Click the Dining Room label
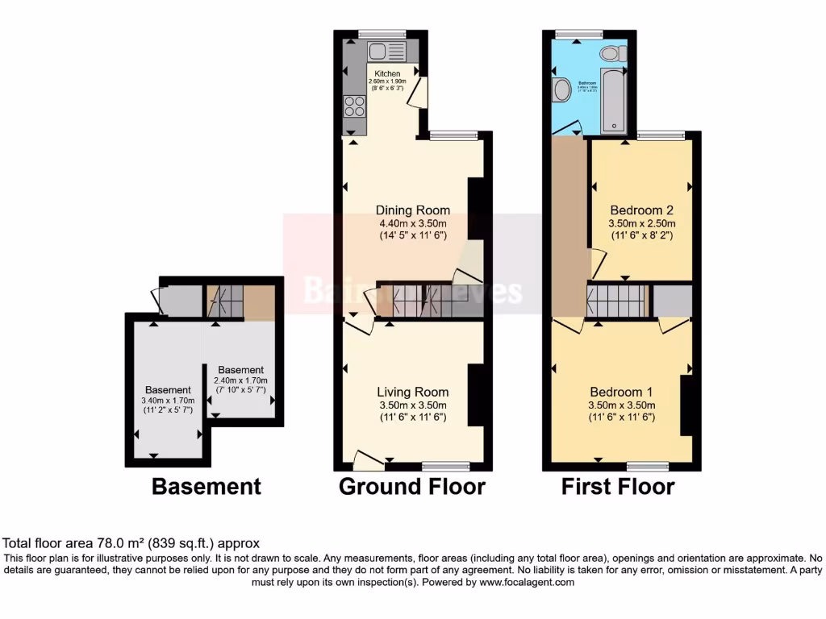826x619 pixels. tap(412, 210)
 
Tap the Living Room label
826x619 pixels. tap(412, 393)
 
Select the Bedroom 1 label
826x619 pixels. tap(620, 393)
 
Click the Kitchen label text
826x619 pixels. tap(386, 74)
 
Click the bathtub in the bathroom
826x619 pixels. tap(613, 101)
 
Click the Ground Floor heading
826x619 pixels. tap(411, 487)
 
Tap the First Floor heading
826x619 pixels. tap(618, 487)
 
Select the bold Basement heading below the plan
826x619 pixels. tap(206, 487)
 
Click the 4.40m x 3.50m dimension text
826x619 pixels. tap(412, 223)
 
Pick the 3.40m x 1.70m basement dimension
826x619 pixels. tap(169, 401)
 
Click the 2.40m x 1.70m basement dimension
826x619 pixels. tap(240, 380)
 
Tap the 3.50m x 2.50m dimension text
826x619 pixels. tap(641, 223)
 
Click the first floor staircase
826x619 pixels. tap(618, 301)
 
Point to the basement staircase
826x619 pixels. tap(225, 301)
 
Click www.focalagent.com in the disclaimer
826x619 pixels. tap(527, 582)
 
